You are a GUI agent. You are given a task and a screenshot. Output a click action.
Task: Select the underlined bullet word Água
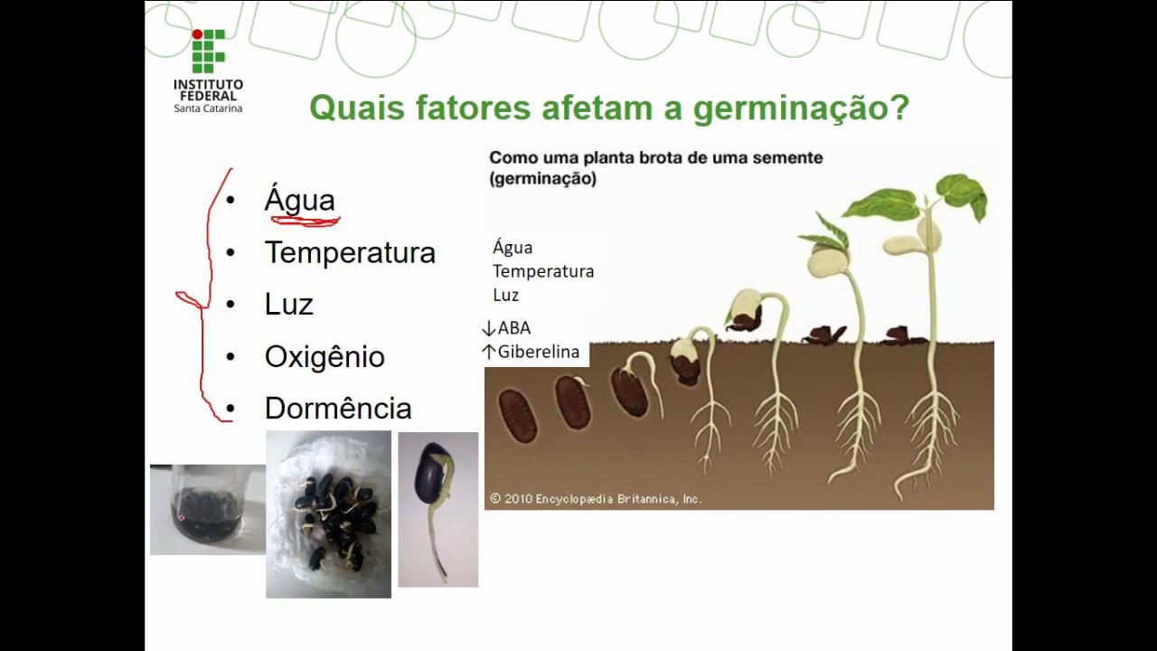pyautogui.click(x=299, y=200)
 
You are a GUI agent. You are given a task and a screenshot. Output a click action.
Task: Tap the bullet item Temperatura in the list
pyautogui.click(x=350, y=252)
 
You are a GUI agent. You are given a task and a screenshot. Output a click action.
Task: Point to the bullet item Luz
pyautogui.click(x=288, y=305)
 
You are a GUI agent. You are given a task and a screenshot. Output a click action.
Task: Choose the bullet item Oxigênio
pyautogui.click(x=325, y=356)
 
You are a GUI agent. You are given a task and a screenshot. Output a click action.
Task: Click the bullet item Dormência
pyautogui.click(x=338, y=409)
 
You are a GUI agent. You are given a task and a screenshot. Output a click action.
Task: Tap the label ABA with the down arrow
pyautogui.click(x=507, y=328)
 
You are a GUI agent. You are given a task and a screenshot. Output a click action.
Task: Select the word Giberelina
pyautogui.click(x=538, y=352)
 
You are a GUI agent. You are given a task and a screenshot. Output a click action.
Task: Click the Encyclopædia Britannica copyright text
pyautogui.click(x=596, y=498)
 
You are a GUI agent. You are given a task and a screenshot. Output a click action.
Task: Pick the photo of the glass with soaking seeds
pyautogui.click(x=207, y=509)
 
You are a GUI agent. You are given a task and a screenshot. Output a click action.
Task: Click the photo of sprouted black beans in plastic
pyautogui.click(x=328, y=514)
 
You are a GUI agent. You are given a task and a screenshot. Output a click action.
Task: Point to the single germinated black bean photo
pyautogui.click(x=437, y=509)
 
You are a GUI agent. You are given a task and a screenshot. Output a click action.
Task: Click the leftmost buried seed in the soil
pyautogui.click(x=518, y=416)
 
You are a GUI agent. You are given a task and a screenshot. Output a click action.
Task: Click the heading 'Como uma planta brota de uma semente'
pyautogui.click(x=655, y=158)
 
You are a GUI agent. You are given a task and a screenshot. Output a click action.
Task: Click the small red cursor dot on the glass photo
pyautogui.click(x=182, y=518)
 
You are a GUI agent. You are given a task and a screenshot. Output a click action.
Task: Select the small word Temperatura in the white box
pyautogui.click(x=543, y=271)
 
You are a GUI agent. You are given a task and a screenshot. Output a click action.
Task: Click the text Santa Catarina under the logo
pyautogui.click(x=208, y=108)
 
